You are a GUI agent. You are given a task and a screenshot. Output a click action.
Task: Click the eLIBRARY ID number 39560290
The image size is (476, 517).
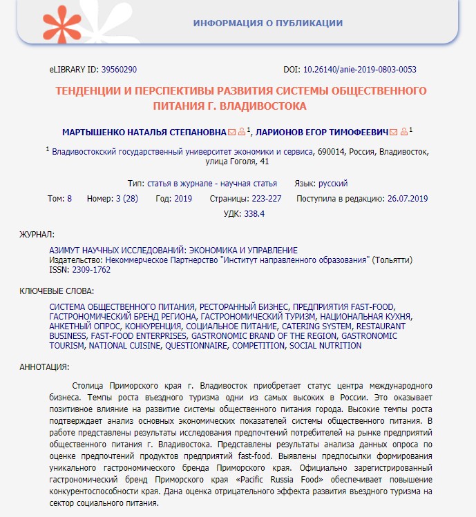pos(120,70)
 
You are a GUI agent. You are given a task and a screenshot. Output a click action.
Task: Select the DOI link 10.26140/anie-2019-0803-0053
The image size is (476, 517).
pos(363,70)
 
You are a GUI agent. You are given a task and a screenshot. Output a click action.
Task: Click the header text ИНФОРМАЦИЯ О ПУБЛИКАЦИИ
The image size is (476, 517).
pos(268,23)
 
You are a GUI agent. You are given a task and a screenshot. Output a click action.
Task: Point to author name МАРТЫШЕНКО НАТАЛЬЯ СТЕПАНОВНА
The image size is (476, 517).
pos(144,131)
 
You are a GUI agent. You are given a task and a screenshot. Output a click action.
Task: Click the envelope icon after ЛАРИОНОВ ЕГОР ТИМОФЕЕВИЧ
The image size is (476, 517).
pos(393,131)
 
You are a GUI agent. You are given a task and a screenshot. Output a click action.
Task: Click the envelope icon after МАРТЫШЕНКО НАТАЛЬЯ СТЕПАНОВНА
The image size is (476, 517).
pos(231,131)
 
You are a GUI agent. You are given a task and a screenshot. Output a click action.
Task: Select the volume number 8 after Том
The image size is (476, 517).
pos(69,199)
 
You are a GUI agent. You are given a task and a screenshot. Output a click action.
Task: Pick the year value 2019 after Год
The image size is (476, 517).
pos(183,199)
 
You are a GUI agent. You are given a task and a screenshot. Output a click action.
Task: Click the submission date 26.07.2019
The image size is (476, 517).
pos(408,199)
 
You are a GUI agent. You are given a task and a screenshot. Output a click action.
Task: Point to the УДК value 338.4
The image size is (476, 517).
pos(254,214)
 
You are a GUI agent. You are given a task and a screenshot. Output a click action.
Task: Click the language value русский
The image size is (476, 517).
pos(332,184)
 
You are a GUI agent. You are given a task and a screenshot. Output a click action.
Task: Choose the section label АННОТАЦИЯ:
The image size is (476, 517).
pos(44,366)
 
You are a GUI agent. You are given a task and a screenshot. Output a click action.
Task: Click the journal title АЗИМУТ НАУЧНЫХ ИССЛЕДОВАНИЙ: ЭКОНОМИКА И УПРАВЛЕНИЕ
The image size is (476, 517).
pos(173,249)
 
